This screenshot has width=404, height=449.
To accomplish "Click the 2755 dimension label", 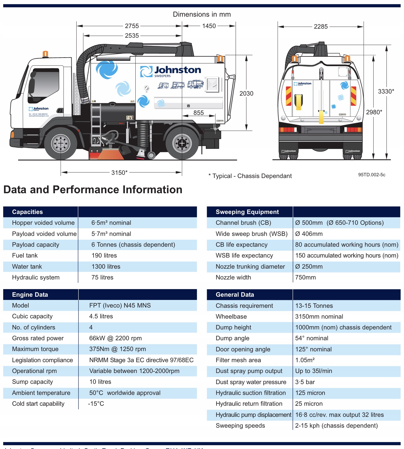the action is [x=132, y=26].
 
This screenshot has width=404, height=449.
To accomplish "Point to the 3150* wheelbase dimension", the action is [x=119, y=173].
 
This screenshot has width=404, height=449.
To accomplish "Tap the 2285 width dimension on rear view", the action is [x=321, y=27].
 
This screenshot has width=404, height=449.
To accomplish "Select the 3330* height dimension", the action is [x=386, y=91].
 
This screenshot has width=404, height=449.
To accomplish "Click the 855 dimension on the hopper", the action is [x=198, y=113].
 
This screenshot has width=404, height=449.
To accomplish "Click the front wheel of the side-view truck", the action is [x=61, y=144].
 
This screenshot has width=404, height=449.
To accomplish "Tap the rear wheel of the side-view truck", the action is [x=182, y=144].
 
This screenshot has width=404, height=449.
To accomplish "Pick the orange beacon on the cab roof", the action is [x=45, y=54].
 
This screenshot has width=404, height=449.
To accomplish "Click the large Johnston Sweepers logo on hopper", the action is [x=171, y=71].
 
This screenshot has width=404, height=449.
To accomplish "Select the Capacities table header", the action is [x=27, y=212].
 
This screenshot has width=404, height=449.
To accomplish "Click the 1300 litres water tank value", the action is [x=106, y=267].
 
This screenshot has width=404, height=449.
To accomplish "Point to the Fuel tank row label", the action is [x=25, y=255].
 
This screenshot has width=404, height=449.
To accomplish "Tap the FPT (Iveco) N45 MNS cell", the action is [x=120, y=305].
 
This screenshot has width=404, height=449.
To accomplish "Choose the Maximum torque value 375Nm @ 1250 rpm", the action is [x=118, y=349].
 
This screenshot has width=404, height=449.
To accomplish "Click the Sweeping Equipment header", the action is [x=247, y=212].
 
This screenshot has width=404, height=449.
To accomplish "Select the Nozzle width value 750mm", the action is [x=305, y=277].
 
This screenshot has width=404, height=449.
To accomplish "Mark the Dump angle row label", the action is [x=232, y=338].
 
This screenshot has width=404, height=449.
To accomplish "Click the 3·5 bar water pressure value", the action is [x=305, y=382].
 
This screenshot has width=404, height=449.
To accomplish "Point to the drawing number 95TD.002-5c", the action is [x=372, y=175].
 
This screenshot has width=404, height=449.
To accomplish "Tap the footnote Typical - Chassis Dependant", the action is [x=250, y=176].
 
